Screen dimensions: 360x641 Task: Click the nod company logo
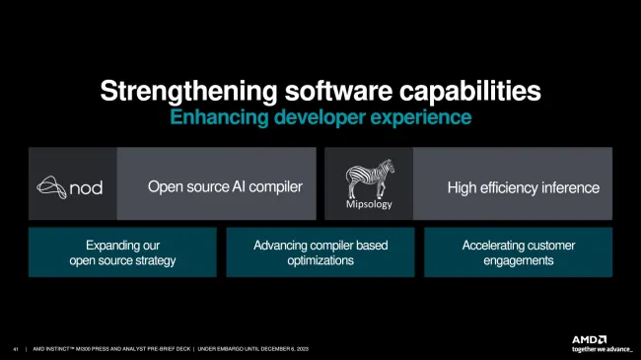click(x=70, y=185)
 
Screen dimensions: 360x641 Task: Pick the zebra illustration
click(x=369, y=180)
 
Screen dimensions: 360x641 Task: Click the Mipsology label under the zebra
click(x=368, y=206)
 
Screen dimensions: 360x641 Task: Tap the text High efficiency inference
click(x=523, y=186)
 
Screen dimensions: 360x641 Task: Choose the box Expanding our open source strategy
click(x=122, y=252)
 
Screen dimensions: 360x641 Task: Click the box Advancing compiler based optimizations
click(x=320, y=252)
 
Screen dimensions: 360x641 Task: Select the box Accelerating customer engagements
click(x=518, y=252)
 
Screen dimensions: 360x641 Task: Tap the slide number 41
click(x=16, y=348)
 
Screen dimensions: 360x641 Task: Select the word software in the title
click(x=326, y=92)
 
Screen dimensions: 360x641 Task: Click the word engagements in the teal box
click(x=518, y=260)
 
